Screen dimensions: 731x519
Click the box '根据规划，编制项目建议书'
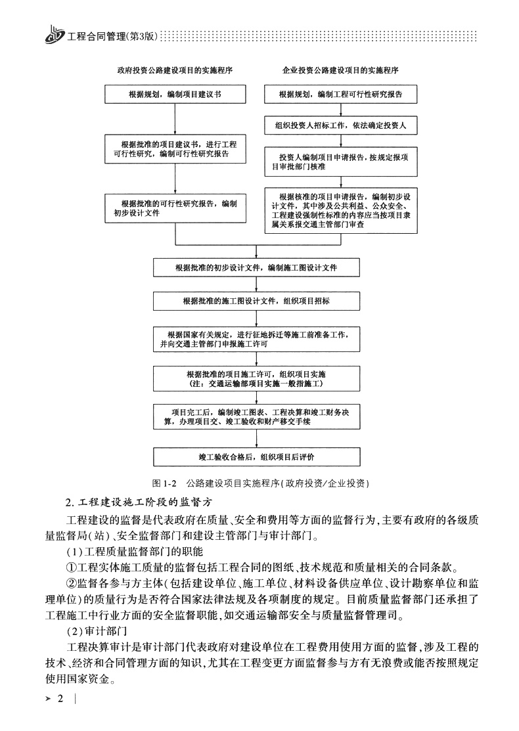coord(175,95)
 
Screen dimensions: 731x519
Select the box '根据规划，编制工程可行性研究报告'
coord(340,95)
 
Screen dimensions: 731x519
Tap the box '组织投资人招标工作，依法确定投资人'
coord(340,125)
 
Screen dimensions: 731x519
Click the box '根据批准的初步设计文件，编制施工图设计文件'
coord(257,268)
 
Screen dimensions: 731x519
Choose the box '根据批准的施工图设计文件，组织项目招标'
coord(257,301)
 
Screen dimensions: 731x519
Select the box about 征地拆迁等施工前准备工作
coord(257,339)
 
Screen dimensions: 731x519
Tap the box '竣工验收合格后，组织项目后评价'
coord(257,456)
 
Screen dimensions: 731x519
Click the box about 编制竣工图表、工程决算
coord(257,416)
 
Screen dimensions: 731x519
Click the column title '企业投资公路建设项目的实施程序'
coord(340,69)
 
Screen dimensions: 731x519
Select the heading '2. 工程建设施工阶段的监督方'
coord(137,503)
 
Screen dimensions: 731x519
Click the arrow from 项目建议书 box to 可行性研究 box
coord(175,119)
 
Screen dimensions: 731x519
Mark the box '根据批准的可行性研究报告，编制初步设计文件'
coord(175,208)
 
